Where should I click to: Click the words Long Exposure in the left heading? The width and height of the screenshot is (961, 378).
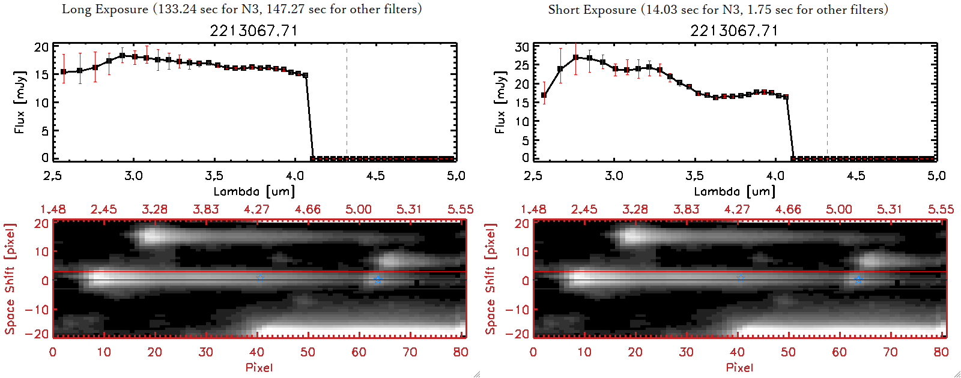(x=105, y=10)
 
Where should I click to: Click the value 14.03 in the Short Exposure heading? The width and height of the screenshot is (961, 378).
(x=658, y=10)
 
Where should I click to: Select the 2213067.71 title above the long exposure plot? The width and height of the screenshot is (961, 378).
(x=253, y=31)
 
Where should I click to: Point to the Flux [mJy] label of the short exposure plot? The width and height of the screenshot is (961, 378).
(x=500, y=102)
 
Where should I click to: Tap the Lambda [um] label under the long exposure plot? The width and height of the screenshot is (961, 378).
(x=254, y=191)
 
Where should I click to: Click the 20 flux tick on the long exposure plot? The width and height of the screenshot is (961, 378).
(x=41, y=47)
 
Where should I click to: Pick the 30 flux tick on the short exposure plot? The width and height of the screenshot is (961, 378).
(x=522, y=47)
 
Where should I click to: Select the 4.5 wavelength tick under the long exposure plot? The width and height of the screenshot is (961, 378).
(x=375, y=176)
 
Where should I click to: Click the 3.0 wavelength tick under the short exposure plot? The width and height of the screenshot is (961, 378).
(x=614, y=176)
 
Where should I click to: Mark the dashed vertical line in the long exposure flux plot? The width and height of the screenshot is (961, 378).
(x=347, y=102)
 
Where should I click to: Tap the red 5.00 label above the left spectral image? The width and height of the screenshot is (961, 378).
(x=358, y=209)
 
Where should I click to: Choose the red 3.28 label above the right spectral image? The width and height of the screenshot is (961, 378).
(x=635, y=209)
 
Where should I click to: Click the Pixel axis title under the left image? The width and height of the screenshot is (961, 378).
(x=259, y=367)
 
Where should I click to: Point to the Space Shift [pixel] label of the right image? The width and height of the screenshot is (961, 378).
(x=491, y=279)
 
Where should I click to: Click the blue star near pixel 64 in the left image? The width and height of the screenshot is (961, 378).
(x=378, y=280)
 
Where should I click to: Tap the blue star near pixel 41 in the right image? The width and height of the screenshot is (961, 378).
(x=741, y=278)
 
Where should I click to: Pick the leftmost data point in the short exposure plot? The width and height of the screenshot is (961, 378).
(x=544, y=95)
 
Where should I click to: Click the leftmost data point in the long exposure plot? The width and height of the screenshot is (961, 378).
(x=64, y=72)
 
